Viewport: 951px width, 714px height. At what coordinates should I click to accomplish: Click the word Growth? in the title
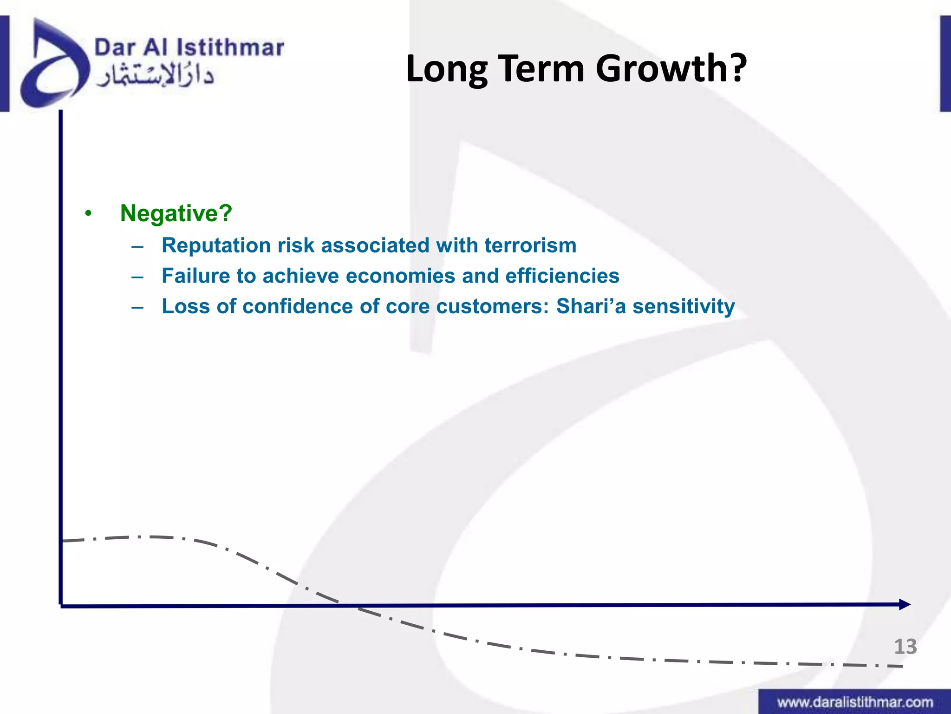click(x=671, y=69)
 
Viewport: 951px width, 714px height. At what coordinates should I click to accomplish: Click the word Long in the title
click(x=447, y=69)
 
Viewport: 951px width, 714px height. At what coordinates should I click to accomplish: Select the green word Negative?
click(x=176, y=213)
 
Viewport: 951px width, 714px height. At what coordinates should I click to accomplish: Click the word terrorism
click(x=530, y=245)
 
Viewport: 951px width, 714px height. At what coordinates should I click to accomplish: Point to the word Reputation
click(x=216, y=245)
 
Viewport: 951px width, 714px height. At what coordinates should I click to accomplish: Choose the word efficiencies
click(x=562, y=276)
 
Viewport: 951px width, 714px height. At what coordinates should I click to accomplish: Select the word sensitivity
click(x=684, y=306)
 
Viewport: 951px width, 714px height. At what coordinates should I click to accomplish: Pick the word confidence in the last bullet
click(x=298, y=306)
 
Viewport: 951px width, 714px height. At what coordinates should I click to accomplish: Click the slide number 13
click(x=905, y=647)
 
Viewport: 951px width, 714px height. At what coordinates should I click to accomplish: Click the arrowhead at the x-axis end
click(x=905, y=604)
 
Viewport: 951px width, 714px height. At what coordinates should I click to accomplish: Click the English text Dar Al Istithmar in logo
click(x=189, y=48)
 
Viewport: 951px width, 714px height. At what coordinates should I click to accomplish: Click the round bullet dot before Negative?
click(x=88, y=214)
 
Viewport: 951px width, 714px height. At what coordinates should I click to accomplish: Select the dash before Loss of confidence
click(x=137, y=307)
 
